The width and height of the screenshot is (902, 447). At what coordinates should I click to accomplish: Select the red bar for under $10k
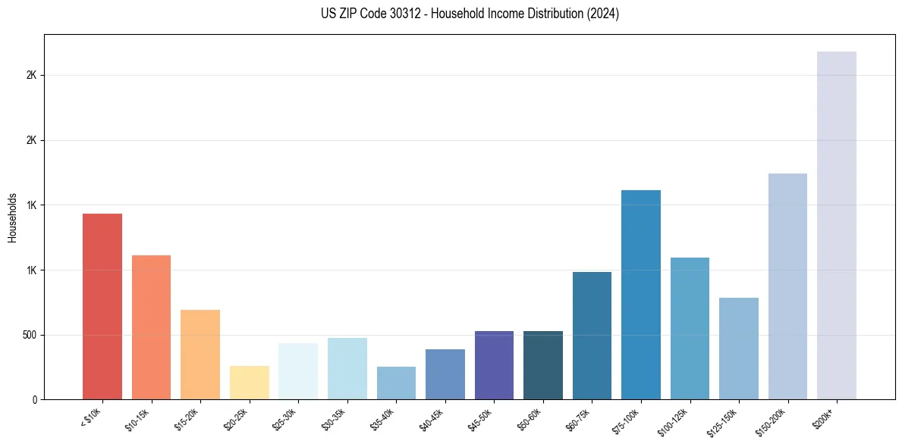click(102, 306)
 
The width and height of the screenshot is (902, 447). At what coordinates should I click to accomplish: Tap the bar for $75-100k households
click(640, 295)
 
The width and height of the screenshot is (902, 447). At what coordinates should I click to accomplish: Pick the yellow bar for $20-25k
click(249, 383)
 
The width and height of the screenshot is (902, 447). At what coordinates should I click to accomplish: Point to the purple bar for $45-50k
click(494, 365)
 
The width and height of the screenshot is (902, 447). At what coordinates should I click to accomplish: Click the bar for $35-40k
click(396, 383)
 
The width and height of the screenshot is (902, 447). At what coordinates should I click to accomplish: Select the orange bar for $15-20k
click(200, 355)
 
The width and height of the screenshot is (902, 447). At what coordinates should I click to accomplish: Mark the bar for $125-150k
click(738, 349)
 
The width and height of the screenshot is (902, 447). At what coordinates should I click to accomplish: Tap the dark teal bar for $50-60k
click(543, 365)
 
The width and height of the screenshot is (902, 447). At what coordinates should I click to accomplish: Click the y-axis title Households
click(12, 217)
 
